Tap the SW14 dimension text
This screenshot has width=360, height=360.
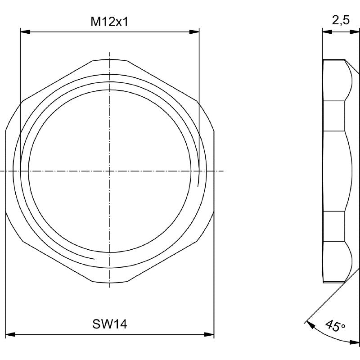(109, 324)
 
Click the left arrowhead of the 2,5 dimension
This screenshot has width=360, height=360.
(327, 31)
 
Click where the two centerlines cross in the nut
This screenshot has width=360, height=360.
(109, 171)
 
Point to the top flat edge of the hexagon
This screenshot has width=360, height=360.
(109, 59)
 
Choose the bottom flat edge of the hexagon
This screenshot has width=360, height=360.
(109, 283)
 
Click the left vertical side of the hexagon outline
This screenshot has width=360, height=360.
(5, 171)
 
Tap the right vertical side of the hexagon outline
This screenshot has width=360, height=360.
(214, 171)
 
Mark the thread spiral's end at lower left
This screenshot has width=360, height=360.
(93, 258)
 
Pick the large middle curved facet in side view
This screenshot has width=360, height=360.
(335, 171)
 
